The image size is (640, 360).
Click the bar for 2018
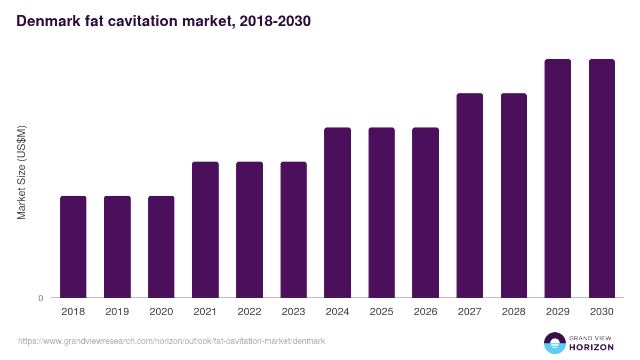pos(73,246)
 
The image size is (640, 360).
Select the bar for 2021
pos(205,229)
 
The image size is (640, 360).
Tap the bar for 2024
pos(337,212)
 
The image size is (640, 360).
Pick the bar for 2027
pos(469,195)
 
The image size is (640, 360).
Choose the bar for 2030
pos(602,178)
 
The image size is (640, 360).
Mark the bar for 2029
pos(557,178)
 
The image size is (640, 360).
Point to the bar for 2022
pos(249,229)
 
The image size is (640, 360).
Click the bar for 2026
pos(425,212)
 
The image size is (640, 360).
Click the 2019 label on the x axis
pos(117,312)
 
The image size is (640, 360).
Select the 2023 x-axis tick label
pos(293,312)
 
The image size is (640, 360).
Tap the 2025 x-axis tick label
pos(381,312)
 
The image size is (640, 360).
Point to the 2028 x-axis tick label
pos(514,312)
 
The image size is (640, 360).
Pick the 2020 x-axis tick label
pos(161,312)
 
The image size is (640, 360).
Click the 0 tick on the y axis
pos(41,298)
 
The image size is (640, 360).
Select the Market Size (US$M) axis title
pos(21,172)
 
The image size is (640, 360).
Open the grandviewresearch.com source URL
pos(171,341)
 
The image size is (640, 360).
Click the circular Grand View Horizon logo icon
pos(555,343)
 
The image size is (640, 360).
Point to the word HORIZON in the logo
pos(592,347)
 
